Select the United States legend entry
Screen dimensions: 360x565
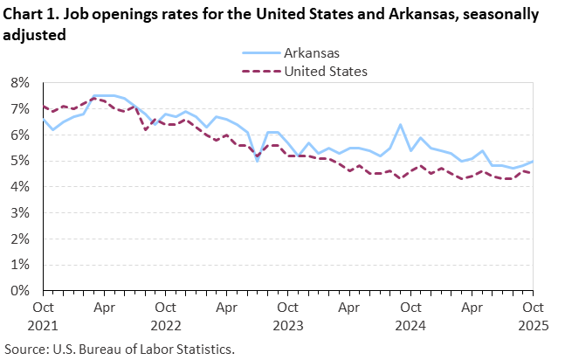[326, 71]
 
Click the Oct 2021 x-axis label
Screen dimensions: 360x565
[44, 315]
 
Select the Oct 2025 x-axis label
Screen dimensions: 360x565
[532, 315]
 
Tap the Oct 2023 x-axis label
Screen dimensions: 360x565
[287, 315]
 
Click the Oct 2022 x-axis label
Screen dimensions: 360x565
[165, 315]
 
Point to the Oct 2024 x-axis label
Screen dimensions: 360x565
[410, 315]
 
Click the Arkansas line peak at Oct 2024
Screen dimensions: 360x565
[400, 125]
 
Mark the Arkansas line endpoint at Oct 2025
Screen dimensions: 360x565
[532, 162]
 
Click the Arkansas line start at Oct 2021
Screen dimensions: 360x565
[44, 120]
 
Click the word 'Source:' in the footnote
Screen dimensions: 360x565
[27, 349]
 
